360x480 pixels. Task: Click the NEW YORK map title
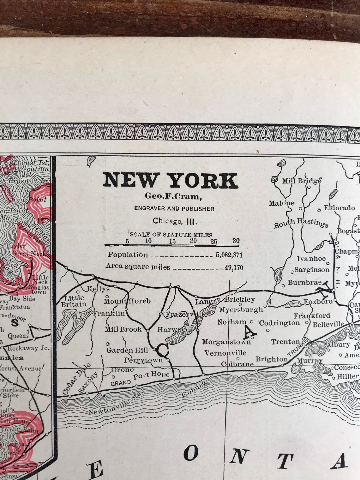click(171, 180)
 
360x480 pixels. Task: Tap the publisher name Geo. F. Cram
click(173, 196)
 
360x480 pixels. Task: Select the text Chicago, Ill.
click(175, 221)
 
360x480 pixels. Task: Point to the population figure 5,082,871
click(229, 255)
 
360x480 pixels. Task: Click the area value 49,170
click(234, 268)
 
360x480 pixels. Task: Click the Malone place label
click(281, 203)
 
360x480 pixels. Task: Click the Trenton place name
click(285, 342)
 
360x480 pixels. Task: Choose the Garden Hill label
click(127, 350)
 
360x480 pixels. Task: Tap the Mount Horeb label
click(127, 301)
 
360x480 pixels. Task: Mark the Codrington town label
click(279, 323)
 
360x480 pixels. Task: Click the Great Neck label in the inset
click(29, 253)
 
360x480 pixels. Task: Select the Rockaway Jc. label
click(28, 348)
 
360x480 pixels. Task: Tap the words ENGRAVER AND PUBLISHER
click(174, 209)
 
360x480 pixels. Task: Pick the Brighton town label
click(272, 359)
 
